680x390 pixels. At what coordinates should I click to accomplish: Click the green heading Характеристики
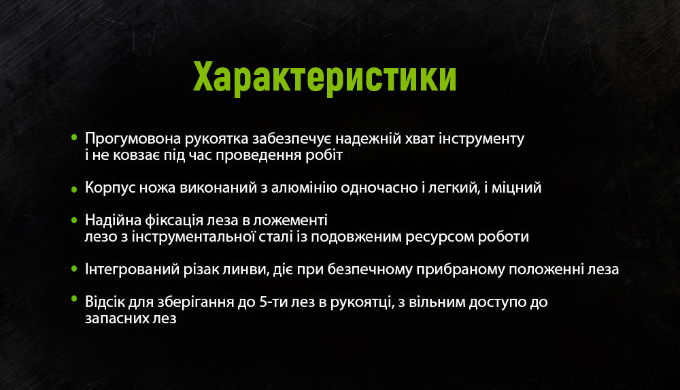pyautogui.click(x=325, y=78)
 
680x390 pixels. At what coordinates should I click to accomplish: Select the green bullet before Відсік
pyautogui.click(x=74, y=300)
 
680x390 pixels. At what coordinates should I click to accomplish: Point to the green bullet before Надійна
pyautogui.click(x=74, y=219)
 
